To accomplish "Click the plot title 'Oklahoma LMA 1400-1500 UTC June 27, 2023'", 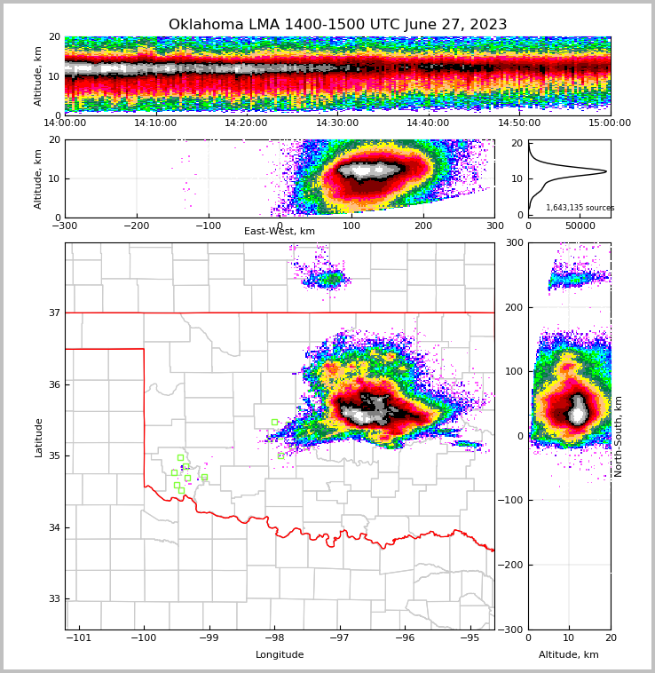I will (x=337, y=25).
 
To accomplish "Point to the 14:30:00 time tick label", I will (x=337, y=123).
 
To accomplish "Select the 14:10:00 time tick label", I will (x=155, y=123).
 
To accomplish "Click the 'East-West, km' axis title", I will (x=280, y=232).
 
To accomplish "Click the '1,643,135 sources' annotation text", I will (x=580, y=208).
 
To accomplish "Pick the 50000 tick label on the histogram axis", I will (x=580, y=227).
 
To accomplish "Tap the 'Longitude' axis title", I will (x=280, y=655).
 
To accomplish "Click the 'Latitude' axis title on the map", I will (x=39, y=437).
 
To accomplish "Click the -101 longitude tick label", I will (x=79, y=637).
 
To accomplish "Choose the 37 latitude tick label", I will (x=53, y=313).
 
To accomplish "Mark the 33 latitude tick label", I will (x=53, y=598).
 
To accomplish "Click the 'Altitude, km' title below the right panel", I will (x=569, y=655).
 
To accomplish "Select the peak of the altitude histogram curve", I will (x=606, y=171).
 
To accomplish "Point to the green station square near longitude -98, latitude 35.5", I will (x=274, y=422).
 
